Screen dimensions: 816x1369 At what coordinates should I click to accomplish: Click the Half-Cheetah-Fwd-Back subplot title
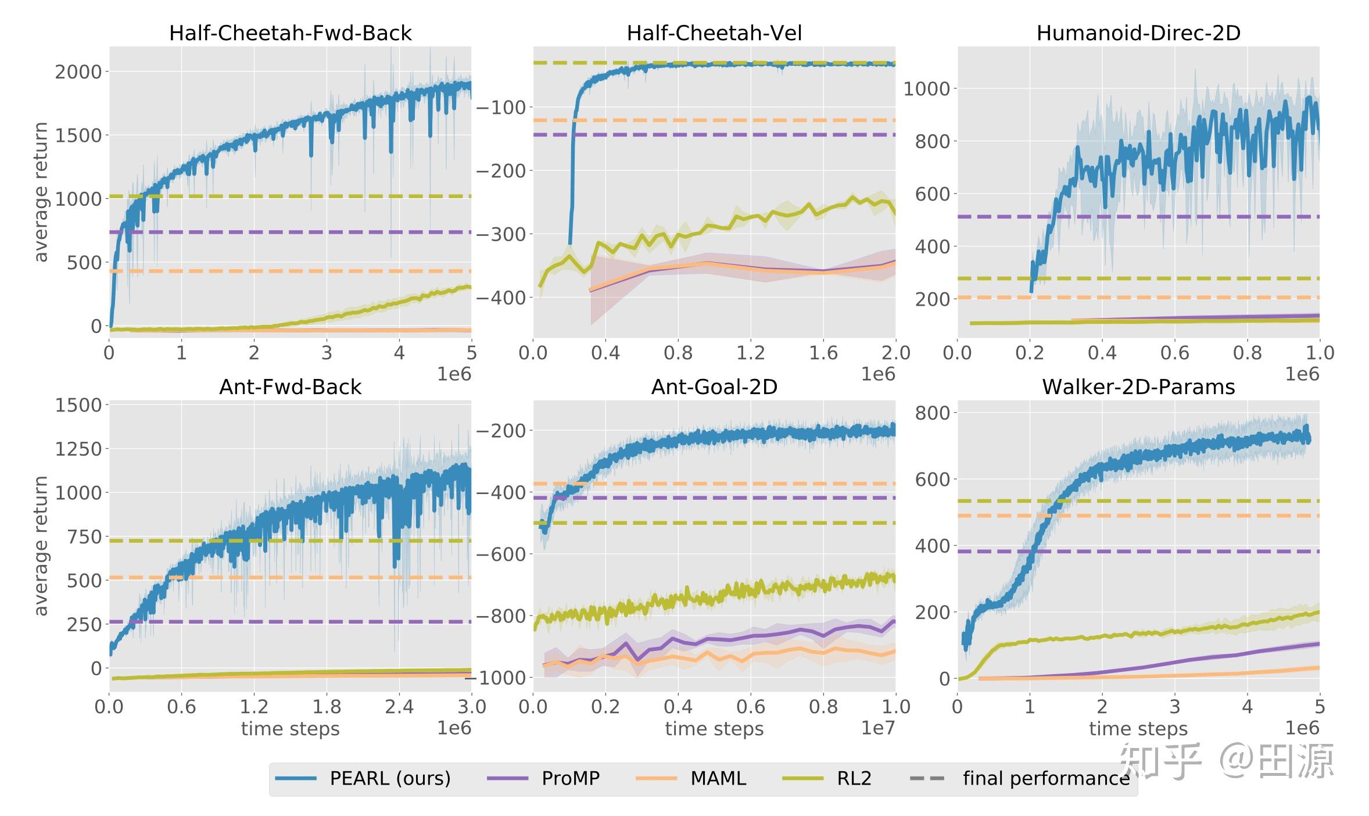click(x=290, y=33)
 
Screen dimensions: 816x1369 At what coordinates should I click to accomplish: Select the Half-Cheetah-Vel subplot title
click(x=714, y=33)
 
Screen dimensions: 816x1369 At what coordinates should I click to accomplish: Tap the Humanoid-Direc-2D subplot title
click(x=1138, y=33)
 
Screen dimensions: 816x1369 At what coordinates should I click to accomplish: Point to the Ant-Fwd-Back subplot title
click(x=290, y=387)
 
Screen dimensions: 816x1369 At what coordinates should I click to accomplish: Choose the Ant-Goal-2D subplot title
click(x=714, y=387)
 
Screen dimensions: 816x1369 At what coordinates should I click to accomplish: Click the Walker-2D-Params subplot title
click(x=1138, y=387)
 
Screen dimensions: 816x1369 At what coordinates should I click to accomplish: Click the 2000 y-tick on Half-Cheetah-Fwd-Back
click(x=78, y=72)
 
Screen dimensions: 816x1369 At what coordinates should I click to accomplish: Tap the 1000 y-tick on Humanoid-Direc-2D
click(x=926, y=89)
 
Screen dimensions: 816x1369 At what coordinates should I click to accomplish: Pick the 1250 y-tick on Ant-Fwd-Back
click(x=78, y=449)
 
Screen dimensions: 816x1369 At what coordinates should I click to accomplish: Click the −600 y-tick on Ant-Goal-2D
click(x=501, y=554)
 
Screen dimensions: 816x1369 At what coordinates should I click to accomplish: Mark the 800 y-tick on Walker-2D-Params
click(x=932, y=413)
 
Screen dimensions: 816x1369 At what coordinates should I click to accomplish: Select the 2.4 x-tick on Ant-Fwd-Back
click(x=399, y=707)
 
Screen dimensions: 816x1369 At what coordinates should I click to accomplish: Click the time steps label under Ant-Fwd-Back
click(x=290, y=729)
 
